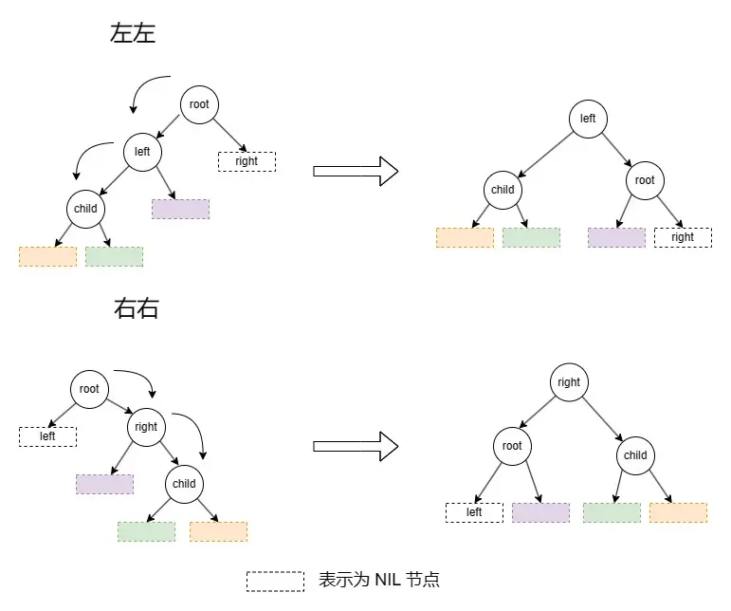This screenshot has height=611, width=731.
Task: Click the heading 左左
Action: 133,34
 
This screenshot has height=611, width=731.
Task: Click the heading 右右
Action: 137,308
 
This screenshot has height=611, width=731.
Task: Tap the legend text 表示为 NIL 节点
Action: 379,580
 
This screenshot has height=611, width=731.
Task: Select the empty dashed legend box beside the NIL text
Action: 275,581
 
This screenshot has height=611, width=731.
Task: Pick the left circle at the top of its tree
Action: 588,119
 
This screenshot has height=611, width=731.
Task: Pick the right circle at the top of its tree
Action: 569,382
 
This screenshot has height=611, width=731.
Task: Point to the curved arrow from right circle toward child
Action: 195,432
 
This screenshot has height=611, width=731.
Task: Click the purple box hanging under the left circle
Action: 180,209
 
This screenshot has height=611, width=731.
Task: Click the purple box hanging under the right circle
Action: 104,484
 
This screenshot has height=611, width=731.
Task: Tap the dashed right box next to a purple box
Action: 683,237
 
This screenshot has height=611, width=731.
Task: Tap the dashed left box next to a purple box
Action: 474,512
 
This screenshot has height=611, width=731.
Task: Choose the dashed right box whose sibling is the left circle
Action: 247,161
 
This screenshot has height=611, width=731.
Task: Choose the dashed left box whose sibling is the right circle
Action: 47,436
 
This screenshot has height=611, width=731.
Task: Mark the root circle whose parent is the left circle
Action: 645,180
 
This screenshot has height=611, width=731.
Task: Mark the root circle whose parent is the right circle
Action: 512,446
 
